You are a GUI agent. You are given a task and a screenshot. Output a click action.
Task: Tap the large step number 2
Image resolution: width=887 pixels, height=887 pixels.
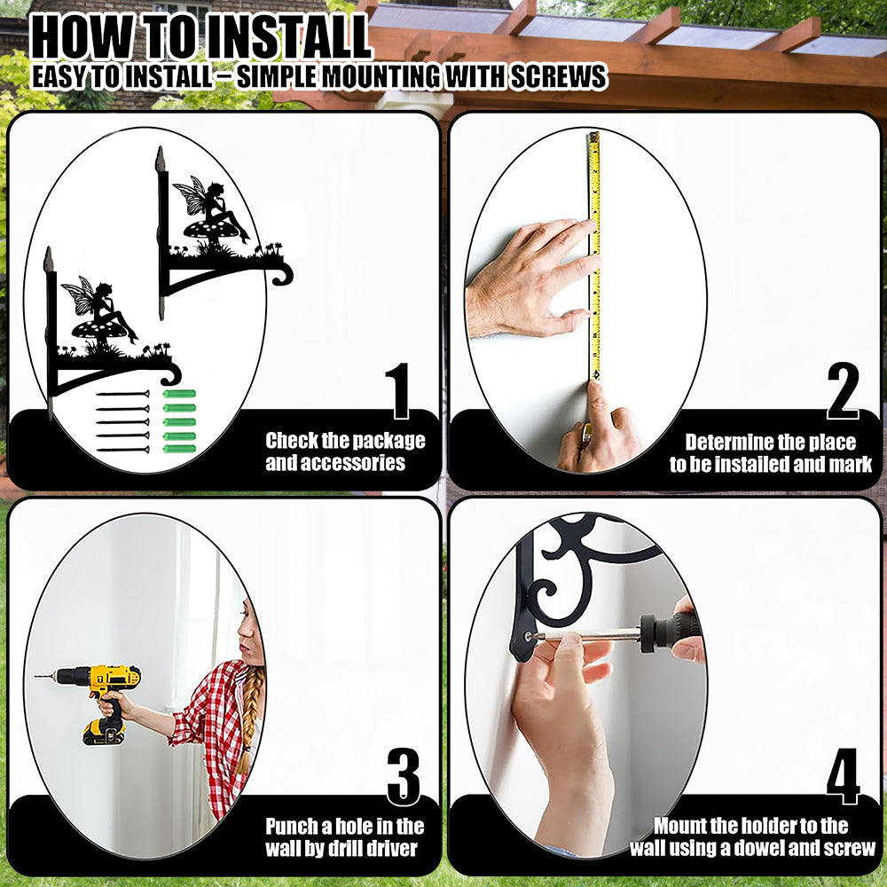(x=843, y=391)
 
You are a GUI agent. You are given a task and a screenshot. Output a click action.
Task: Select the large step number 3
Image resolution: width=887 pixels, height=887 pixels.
(x=404, y=777)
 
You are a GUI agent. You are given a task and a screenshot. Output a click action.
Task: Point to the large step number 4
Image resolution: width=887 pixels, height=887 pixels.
(x=843, y=777)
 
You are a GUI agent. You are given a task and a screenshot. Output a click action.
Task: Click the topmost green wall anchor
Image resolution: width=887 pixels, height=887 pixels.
(x=179, y=394)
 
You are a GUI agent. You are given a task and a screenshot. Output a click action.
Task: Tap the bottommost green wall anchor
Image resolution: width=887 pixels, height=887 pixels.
(x=179, y=449)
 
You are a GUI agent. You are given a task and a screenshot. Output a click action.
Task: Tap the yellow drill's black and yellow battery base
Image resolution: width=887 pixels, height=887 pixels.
(x=104, y=732)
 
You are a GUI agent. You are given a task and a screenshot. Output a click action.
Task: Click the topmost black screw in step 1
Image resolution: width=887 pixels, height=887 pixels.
(x=122, y=394)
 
